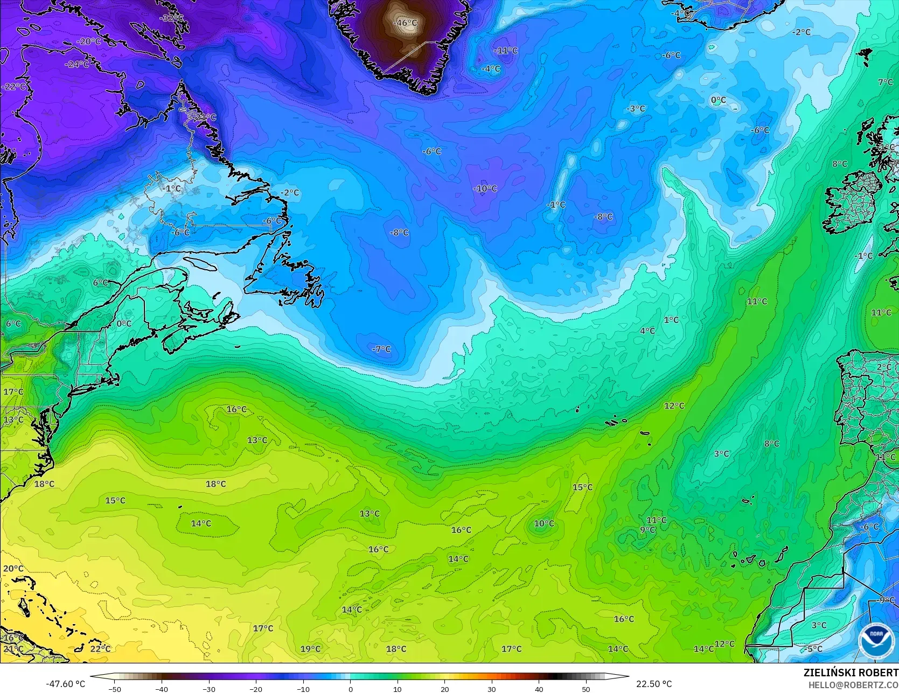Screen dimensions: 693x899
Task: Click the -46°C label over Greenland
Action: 406,23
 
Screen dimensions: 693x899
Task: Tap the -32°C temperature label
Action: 171,18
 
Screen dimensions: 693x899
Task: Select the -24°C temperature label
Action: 77,64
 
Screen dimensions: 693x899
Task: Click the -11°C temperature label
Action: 506,50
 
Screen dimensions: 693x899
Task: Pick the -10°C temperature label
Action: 485,188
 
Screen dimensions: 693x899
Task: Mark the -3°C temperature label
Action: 636,108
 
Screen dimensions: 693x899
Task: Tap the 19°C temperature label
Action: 310,649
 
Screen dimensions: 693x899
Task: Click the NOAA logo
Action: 876,641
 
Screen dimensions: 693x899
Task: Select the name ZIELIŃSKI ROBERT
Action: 851,673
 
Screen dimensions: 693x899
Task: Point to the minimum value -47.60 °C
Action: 65,684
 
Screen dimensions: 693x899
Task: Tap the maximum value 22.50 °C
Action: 654,684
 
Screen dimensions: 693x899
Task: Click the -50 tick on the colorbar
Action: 115,689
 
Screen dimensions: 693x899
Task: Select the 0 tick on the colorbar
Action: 350,689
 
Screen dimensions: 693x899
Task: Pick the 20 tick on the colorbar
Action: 444,689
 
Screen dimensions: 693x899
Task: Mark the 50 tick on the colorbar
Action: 586,689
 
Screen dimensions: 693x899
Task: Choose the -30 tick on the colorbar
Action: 209,689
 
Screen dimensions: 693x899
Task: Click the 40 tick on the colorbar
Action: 539,689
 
